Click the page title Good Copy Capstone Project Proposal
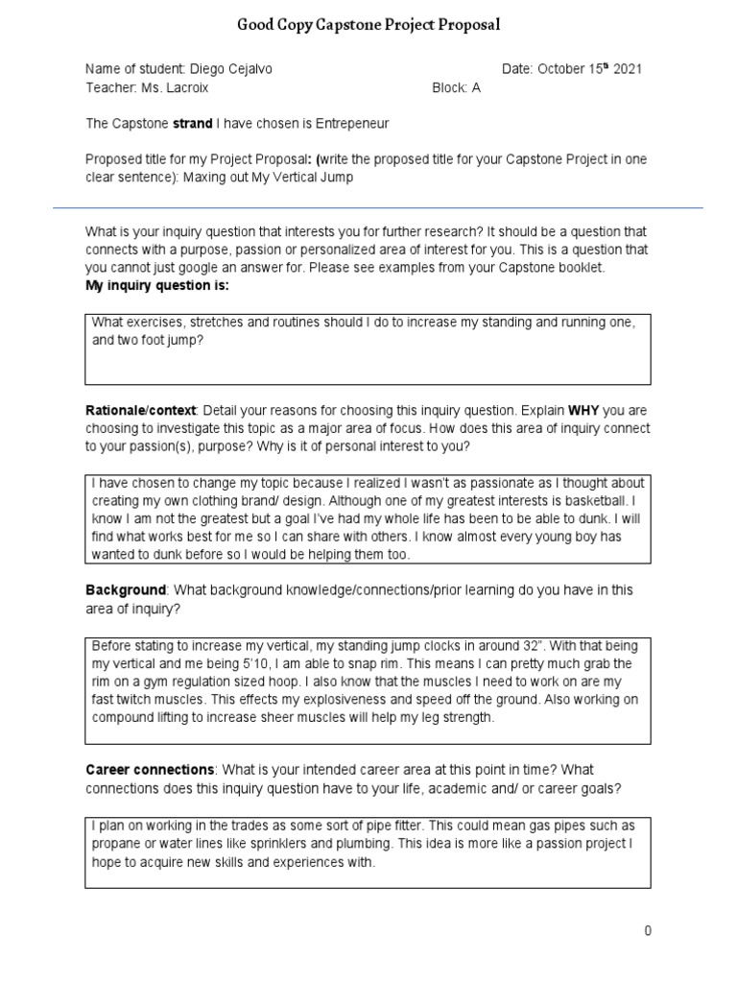(368, 25)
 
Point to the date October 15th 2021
(589, 69)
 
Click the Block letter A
(475, 87)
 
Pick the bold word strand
(192, 124)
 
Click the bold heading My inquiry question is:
(157, 286)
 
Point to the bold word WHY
(583, 411)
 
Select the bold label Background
(126, 590)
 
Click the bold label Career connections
(150, 770)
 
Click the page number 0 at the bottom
(648, 931)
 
